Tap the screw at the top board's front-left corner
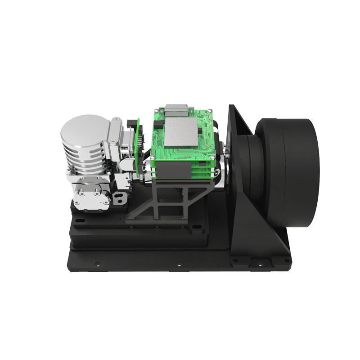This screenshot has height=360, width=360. [153, 157]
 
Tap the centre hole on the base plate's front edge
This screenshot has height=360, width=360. [179, 265]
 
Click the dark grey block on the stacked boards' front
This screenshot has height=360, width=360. [176, 170]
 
